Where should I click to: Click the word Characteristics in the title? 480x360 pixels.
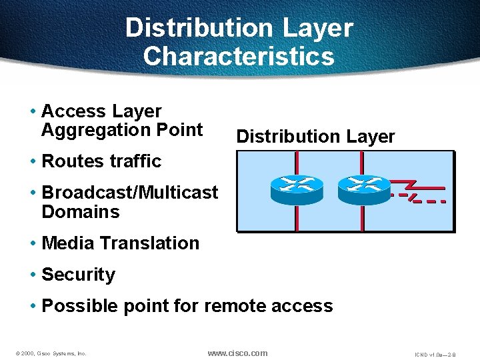point(238,56)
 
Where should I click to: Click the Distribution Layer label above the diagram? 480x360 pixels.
point(315,137)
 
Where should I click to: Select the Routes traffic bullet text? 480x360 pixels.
point(101,161)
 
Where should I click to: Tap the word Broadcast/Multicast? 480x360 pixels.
point(129,193)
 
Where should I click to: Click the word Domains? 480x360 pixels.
point(80,212)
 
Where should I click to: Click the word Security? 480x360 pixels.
point(78,275)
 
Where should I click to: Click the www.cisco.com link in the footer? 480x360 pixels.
point(237,353)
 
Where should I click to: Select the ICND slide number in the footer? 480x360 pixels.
point(435,354)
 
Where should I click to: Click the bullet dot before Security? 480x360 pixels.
point(33,275)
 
